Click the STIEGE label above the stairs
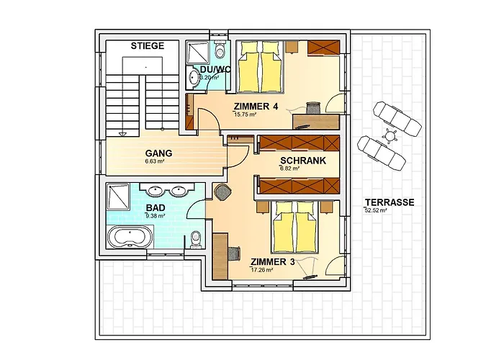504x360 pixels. [148, 46]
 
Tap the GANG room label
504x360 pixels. [158, 153]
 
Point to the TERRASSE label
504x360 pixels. [389, 202]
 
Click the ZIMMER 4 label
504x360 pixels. [256, 107]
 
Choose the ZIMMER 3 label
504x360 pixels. [272, 261]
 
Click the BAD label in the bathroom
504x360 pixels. [156, 207]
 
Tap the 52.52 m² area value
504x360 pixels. [377, 211]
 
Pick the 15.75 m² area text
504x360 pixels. [246, 114]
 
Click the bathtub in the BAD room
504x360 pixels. [130, 235]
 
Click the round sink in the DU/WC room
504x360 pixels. [194, 77]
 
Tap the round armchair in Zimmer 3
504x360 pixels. [224, 192]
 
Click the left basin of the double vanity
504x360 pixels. [155, 191]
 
